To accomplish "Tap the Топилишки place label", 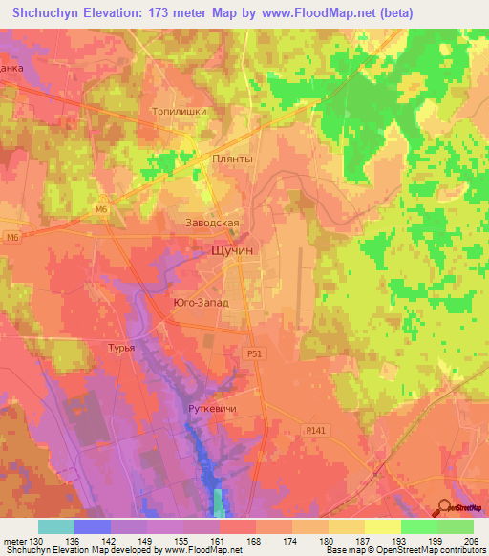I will pyautogui.click(x=180, y=111).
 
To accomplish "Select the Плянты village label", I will pyautogui.click(x=233, y=160).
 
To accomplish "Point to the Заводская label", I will pyautogui.click(x=211, y=223).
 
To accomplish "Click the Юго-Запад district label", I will pyautogui.click(x=202, y=302).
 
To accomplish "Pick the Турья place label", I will pyautogui.click(x=120, y=348).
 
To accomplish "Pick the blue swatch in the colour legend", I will pyautogui.click(x=93, y=526).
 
